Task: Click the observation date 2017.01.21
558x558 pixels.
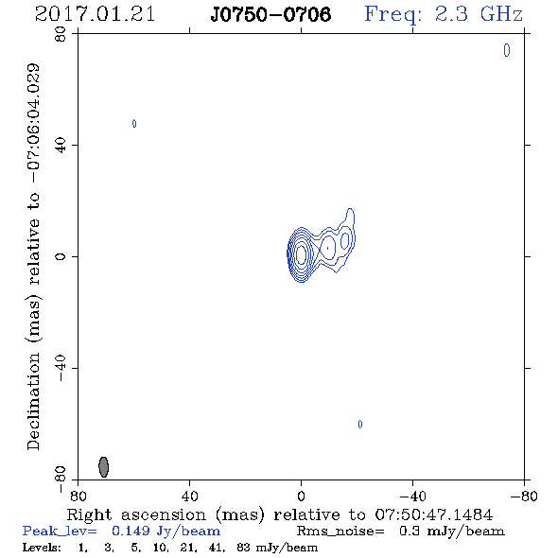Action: point(95,14)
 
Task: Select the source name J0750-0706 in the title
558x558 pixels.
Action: point(270,14)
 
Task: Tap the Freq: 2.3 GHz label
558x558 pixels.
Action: point(444,15)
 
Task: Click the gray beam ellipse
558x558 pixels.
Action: point(103,467)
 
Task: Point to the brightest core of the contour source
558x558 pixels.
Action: point(302,254)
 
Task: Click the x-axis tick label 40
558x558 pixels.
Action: point(189,497)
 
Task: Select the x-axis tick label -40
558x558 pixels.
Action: point(411,497)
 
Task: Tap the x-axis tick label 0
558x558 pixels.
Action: point(301,497)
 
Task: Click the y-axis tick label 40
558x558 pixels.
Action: point(61,146)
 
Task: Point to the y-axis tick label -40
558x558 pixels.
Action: point(61,368)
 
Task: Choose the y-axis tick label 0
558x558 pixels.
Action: point(61,256)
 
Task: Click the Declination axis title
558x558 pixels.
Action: point(33,256)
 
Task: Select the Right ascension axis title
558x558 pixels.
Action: point(279,514)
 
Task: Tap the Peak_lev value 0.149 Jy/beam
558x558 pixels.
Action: point(166,532)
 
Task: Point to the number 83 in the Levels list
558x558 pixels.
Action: point(243,548)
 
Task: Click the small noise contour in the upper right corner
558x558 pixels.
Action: point(507,50)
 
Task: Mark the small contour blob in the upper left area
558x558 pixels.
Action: point(134,124)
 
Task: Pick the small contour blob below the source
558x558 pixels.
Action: point(360,425)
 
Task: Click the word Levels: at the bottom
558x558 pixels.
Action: point(42,548)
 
